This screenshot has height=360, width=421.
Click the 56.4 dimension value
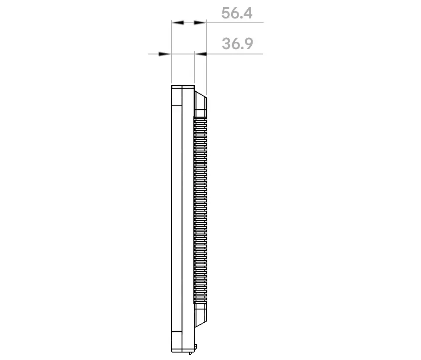click(237, 13)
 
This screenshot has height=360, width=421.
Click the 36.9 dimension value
click(237, 43)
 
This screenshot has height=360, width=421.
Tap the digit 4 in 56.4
click(248, 13)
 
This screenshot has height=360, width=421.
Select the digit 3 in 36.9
click(226, 43)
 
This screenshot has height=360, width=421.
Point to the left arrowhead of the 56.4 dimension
click(178, 22)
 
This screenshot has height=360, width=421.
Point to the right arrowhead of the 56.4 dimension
click(200, 22)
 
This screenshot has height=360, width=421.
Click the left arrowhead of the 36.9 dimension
click(165, 54)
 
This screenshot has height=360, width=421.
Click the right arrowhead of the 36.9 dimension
click(201, 54)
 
